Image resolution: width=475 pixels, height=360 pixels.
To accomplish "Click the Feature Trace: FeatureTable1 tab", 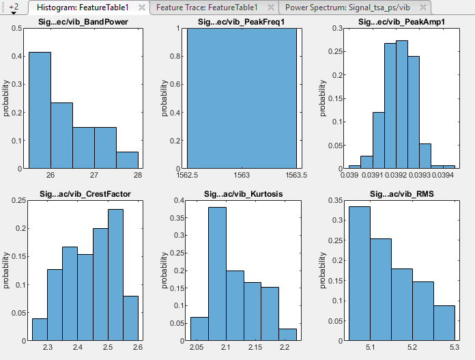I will (x=206, y=7).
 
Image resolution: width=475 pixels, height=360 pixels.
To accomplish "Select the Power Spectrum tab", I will (x=347, y=7).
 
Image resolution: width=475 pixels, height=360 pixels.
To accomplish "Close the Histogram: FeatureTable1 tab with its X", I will (x=142, y=7).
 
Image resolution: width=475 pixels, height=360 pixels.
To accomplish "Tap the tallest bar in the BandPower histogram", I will (x=40, y=110).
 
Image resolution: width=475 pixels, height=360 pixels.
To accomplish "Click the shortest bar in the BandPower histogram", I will (x=127, y=160).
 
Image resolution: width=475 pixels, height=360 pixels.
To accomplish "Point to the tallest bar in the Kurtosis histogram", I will (x=217, y=273).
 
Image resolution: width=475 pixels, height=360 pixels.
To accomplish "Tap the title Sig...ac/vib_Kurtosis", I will (x=241, y=195).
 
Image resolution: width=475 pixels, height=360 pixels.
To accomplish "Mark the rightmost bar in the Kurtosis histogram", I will (x=287, y=335).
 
